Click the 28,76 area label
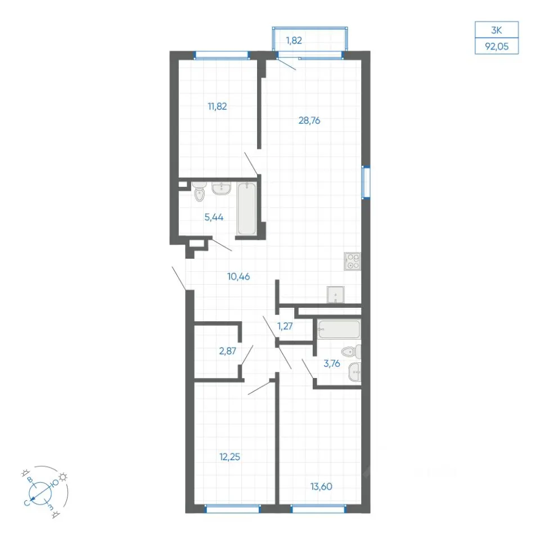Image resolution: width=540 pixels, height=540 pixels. (x=309, y=120)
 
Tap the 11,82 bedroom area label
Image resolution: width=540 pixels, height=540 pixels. (x=217, y=106)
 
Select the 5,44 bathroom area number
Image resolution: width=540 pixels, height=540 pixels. (x=214, y=217)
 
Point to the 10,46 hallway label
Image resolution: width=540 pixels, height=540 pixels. (x=238, y=277)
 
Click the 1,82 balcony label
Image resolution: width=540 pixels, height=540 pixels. (x=294, y=40)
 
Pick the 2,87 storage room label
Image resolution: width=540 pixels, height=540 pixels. (x=228, y=351)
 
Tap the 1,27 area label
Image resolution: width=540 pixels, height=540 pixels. (x=285, y=326)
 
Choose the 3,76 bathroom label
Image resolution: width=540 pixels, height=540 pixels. (x=332, y=363)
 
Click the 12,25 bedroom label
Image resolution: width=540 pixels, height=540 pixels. (x=229, y=457)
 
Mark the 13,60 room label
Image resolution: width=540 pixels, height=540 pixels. (x=321, y=487)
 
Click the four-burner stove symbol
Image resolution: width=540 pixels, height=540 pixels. (x=352, y=261)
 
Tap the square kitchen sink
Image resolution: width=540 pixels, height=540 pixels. (x=335, y=295)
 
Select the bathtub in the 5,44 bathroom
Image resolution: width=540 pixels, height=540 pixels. (x=246, y=209)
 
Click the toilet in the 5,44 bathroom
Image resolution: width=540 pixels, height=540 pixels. (x=199, y=191)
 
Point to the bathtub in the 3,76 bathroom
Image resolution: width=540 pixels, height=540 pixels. (x=339, y=329)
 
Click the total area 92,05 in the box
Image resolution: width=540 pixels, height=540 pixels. (x=497, y=46)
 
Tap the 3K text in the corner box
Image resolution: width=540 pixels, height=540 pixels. (x=497, y=30)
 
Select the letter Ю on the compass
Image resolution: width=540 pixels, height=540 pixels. (x=55, y=483)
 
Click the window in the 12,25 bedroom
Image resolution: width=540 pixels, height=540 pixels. (x=232, y=508)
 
